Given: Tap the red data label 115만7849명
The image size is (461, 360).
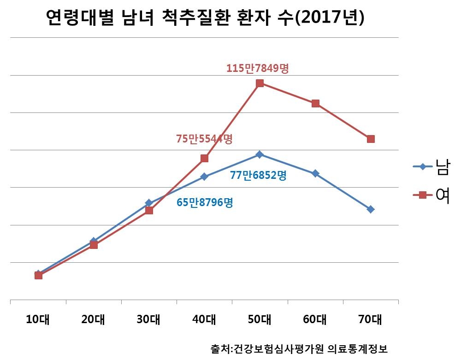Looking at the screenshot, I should pos(257,69).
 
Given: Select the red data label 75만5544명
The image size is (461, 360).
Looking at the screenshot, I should pos(204,138).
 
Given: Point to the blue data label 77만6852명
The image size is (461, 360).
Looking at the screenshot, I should pos(258,176).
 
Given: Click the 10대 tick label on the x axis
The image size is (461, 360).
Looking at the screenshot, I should pos(38,319).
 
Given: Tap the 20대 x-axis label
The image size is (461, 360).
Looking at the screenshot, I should pos(94,319).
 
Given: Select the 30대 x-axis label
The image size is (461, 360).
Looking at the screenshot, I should pos(149,319).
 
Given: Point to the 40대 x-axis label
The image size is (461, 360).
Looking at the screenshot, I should pos(204,319).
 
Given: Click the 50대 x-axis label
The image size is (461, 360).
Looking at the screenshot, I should pos(260,319).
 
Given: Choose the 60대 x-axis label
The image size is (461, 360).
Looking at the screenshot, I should pos(315,319).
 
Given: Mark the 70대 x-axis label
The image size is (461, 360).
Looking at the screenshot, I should pos(371,319).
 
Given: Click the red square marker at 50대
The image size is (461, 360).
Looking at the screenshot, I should pos(260,83).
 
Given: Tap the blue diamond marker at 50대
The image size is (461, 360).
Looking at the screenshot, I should pos(260,154).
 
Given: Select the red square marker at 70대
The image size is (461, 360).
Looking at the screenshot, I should pos(371,139).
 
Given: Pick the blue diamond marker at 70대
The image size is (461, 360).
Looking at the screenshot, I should pos(371,209).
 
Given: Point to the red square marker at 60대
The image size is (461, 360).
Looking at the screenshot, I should pos(315,103).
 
